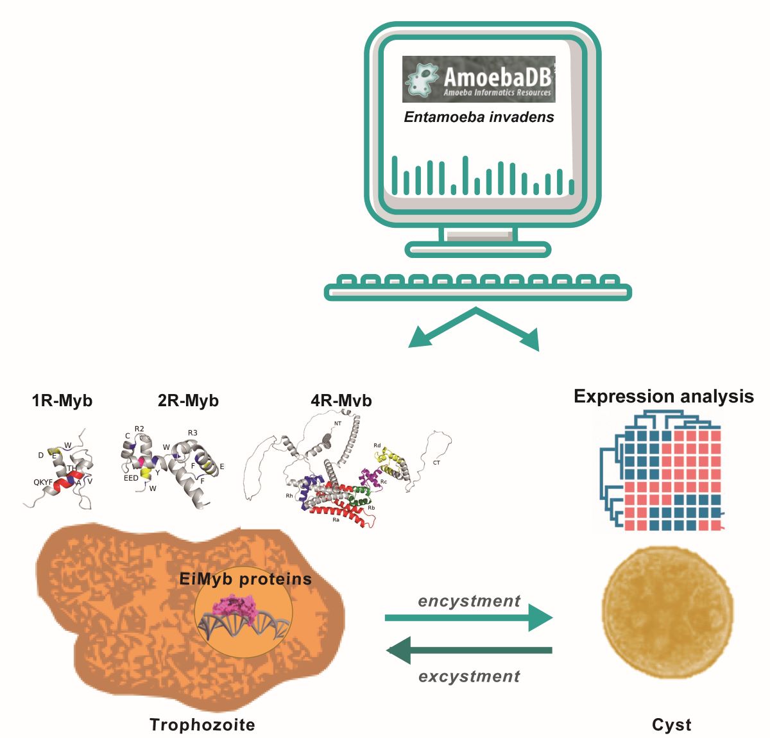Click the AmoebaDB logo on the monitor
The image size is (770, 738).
point(479,79)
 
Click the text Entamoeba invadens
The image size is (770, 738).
point(479,117)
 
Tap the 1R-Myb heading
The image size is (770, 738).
point(62,401)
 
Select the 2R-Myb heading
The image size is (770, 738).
point(188,401)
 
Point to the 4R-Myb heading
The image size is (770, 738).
point(341,401)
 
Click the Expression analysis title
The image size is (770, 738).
point(663,396)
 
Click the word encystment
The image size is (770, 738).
point(469,601)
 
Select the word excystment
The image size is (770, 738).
point(469,676)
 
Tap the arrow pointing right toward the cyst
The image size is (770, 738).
point(468,618)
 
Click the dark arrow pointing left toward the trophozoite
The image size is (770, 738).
point(468,651)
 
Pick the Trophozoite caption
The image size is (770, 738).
point(202,725)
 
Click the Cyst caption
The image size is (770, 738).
point(671,725)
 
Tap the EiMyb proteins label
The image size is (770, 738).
point(246,579)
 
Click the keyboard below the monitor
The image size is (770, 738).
point(478,287)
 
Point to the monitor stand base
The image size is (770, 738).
point(479,249)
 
